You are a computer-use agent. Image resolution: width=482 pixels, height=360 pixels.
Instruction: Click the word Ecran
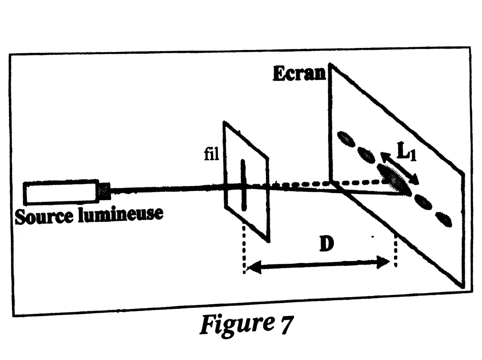299,74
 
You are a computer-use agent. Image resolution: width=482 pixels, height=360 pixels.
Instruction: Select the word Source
44,216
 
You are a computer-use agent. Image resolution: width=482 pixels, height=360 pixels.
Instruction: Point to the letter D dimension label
327,243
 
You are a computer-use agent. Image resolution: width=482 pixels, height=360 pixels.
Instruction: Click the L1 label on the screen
406,152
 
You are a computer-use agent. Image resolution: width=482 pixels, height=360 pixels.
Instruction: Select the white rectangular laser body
61,192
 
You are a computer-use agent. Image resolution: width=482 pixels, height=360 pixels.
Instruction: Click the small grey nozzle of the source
104,191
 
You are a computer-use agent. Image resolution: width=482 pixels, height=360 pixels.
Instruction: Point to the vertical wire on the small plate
243,185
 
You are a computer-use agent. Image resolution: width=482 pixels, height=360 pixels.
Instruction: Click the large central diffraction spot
394,179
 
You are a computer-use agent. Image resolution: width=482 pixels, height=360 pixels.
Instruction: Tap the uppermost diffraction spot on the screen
346,139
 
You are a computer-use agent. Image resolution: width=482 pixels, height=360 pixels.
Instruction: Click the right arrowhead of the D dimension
383,262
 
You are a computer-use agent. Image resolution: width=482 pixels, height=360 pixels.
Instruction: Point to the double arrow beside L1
400,168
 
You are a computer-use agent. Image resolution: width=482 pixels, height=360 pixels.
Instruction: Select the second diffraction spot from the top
366,155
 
